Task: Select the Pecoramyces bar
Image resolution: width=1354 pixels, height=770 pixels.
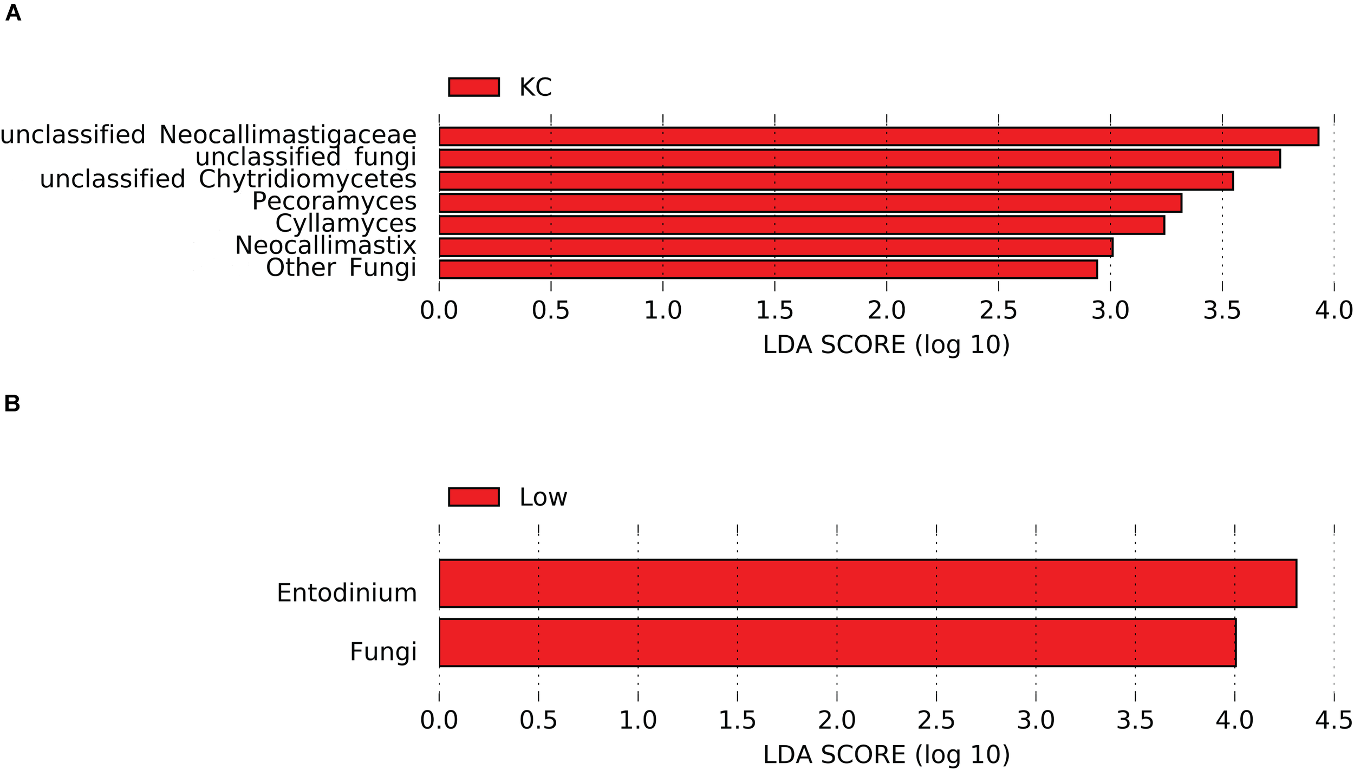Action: (810, 203)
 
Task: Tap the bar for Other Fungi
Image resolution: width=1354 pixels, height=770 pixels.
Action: (768, 270)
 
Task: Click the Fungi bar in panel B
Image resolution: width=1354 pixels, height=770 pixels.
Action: (837, 642)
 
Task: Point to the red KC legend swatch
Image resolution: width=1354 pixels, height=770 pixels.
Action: (473, 87)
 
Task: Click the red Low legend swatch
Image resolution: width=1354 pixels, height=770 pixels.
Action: (473, 497)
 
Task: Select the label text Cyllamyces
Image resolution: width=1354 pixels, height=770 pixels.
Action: (346, 223)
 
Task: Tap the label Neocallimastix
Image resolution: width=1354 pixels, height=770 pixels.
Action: (325, 245)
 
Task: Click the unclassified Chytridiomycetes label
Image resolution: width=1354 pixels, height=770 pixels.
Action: (227, 179)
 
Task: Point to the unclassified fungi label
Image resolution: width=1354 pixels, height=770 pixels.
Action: (305, 157)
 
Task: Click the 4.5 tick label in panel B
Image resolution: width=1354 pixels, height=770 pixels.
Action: (1333, 721)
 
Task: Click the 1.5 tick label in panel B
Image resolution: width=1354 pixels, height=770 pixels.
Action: (737, 721)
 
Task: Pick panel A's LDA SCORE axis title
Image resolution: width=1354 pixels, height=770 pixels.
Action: (886, 345)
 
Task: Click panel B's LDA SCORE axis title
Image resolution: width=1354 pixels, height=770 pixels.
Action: (886, 755)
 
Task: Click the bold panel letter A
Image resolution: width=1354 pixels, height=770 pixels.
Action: (13, 13)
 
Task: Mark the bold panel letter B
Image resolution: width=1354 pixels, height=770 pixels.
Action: (12, 403)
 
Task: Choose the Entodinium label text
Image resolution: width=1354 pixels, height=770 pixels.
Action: (347, 593)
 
